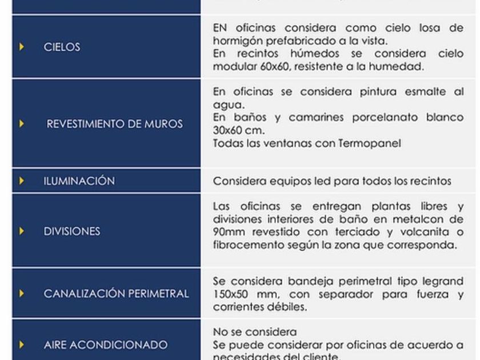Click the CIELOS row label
[x=62, y=47]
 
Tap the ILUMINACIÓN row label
[x=79, y=181]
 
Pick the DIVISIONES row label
[x=72, y=231]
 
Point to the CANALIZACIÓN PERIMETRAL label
[x=117, y=294]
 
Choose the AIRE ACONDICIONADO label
[x=106, y=345]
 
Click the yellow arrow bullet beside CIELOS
[x=22, y=47]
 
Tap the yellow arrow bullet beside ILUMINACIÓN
[x=22, y=181]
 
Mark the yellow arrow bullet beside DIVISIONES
[x=22, y=231]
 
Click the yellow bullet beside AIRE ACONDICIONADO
[x=22, y=345]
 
